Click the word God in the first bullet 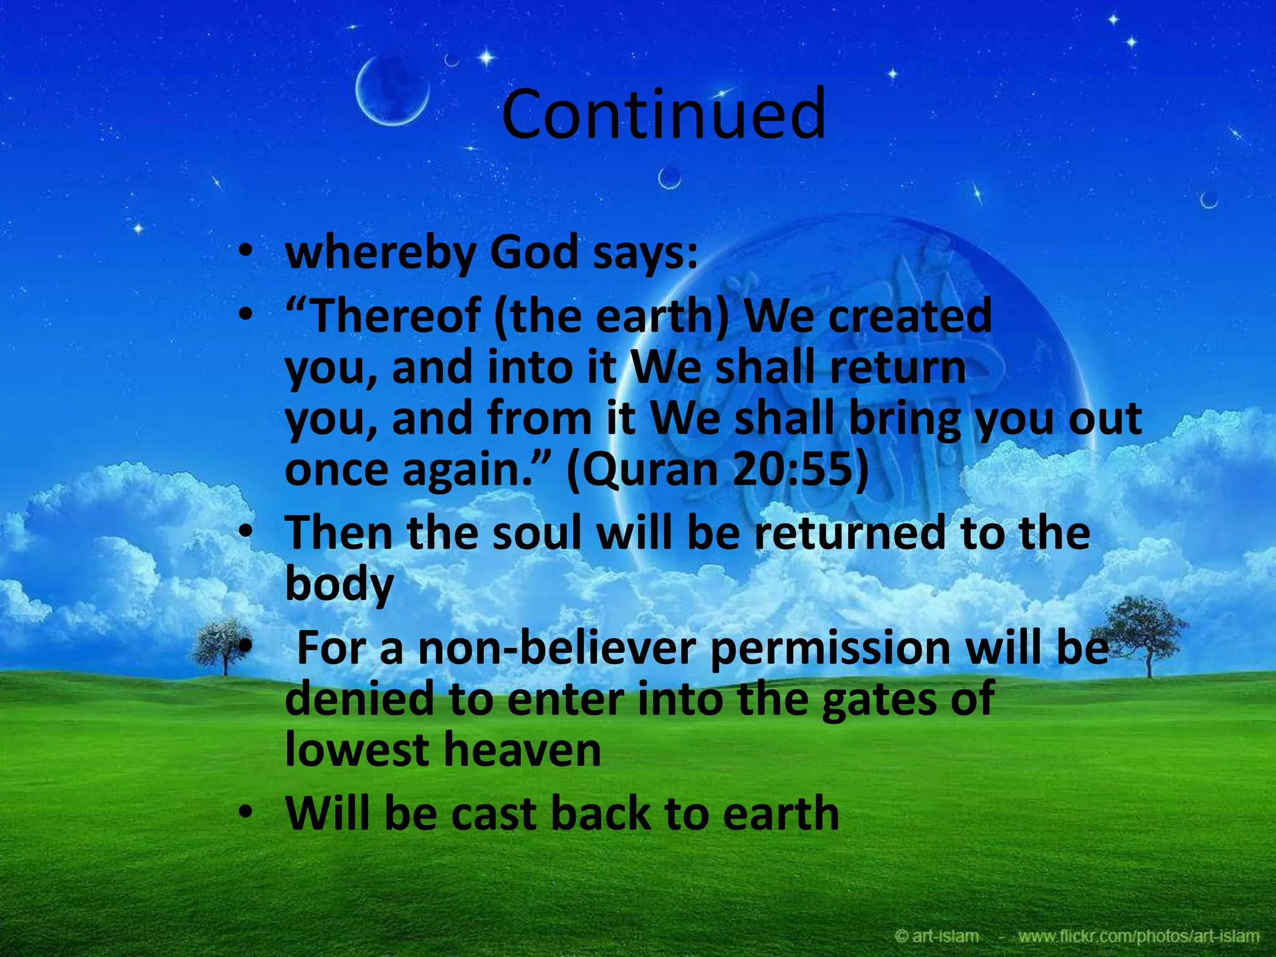pos(535,254)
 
